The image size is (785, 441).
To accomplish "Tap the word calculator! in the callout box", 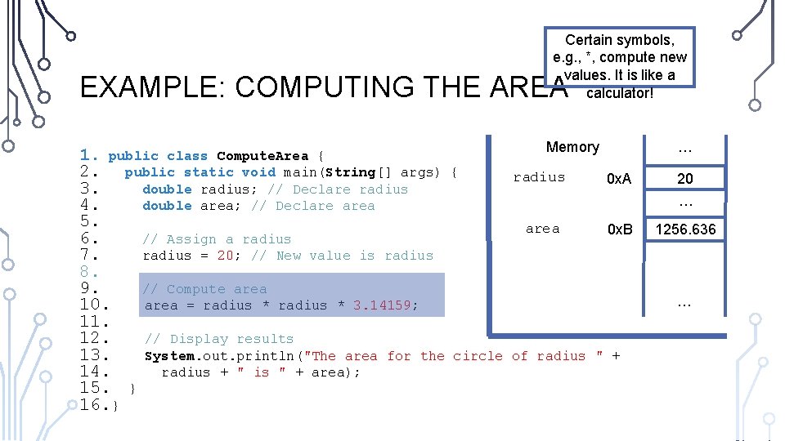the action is (x=619, y=91).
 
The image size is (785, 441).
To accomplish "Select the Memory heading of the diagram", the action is (x=572, y=147).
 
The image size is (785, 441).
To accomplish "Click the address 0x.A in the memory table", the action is (x=619, y=179).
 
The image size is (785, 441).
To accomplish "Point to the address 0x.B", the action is (x=619, y=229).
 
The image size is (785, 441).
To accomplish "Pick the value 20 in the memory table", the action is (x=685, y=179).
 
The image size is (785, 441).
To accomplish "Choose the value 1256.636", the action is (x=685, y=229).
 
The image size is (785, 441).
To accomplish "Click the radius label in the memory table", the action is (x=539, y=177).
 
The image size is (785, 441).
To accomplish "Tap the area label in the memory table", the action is (x=542, y=229).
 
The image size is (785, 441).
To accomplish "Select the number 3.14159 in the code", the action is (x=385, y=305).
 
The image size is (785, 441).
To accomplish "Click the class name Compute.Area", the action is (x=262, y=156).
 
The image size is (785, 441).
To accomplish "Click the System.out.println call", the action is (x=219, y=356).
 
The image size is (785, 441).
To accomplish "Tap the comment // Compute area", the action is (x=204, y=289).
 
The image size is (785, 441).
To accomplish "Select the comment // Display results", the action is (x=218, y=339).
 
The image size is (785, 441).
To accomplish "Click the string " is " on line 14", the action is (x=262, y=372).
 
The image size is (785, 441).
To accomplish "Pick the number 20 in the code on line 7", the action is (x=226, y=256).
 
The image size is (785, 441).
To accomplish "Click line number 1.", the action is (x=90, y=155).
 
